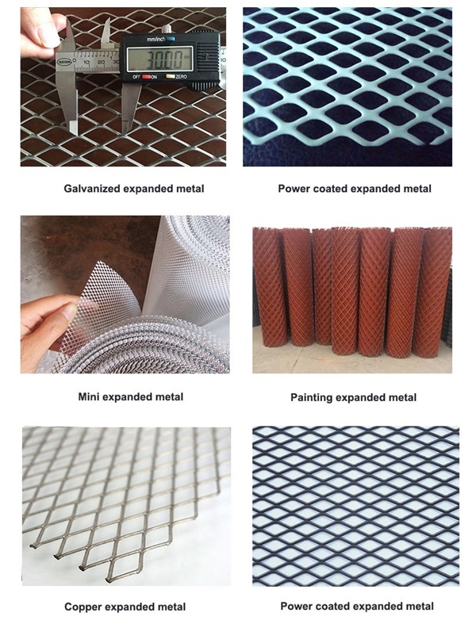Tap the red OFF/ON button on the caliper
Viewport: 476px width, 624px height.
tap(146, 76)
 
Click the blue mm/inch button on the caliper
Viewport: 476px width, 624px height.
tap(170, 39)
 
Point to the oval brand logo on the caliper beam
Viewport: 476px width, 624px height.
tap(63, 62)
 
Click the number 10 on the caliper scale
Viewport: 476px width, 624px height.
tap(86, 63)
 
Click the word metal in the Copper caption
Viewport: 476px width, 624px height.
tap(171, 607)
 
